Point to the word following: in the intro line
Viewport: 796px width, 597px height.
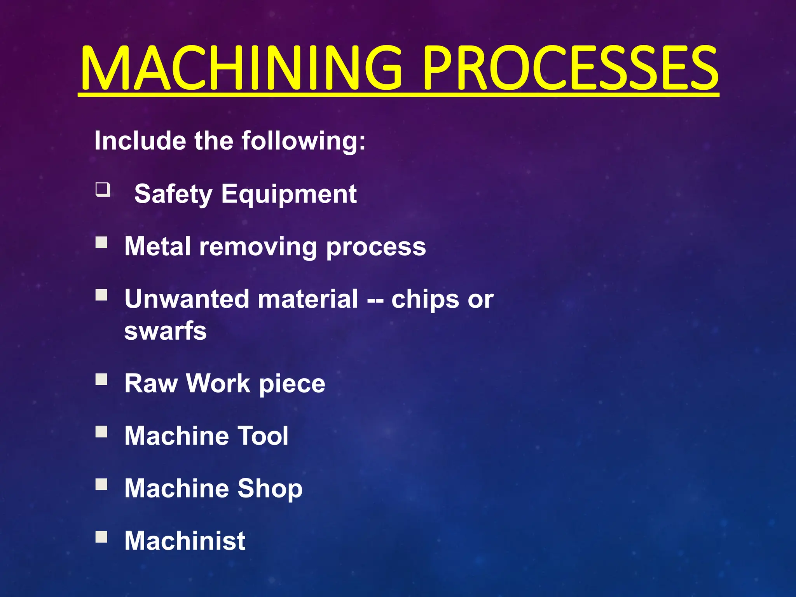pos(304,141)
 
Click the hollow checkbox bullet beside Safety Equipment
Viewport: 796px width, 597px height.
pos(103,190)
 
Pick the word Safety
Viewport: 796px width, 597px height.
pos(173,194)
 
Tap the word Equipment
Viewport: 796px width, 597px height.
pos(289,194)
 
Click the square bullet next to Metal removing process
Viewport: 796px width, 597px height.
pos(101,243)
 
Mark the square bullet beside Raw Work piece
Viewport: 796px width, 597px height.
pos(101,379)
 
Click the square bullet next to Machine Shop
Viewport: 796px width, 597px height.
pos(101,484)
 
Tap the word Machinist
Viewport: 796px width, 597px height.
pos(185,541)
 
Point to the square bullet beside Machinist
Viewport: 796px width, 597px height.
pos(101,537)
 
